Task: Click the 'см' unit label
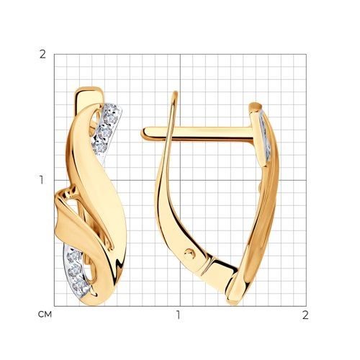point(45,315)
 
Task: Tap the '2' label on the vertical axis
point(42,55)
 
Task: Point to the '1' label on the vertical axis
point(42,180)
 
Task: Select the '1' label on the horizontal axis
point(178,315)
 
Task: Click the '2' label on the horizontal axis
point(305,315)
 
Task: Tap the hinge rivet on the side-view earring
point(189,253)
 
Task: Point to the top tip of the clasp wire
point(176,93)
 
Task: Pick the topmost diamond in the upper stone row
point(111,117)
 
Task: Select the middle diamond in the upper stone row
point(104,132)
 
